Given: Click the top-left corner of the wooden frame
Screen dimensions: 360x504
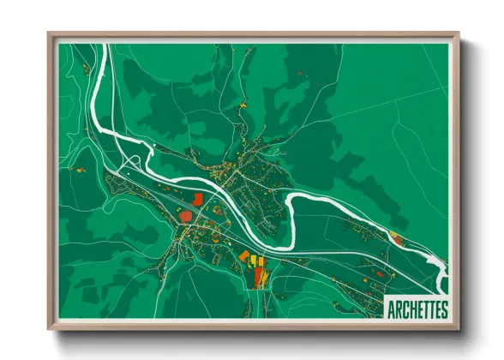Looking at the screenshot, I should coord(49,33).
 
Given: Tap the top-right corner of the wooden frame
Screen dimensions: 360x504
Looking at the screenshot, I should coord(459,33).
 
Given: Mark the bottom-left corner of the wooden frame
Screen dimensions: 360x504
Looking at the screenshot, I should coord(49,329).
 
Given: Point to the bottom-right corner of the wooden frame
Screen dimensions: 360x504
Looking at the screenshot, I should coord(459,329).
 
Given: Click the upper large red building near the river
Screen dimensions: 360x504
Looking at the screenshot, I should coord(198,199).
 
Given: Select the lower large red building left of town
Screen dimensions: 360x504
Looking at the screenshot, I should coord(186,215).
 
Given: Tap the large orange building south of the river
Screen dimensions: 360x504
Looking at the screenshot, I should coord(244,255).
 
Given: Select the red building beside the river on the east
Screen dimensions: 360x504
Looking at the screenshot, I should coord(395,235).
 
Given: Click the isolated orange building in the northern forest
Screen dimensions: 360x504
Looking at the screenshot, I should coord(299,75).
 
